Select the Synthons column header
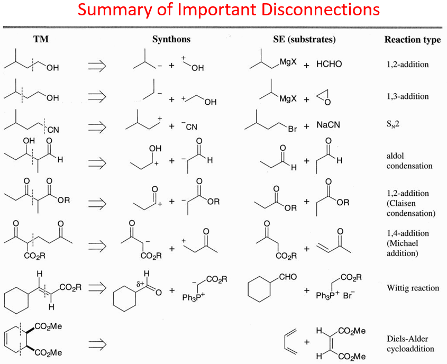(171, 39)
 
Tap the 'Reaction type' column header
(412, 40)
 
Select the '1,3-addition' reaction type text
(407, 96)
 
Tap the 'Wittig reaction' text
(413, 288)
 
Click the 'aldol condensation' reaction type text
(409, 161)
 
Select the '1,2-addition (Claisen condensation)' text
(410, 203)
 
